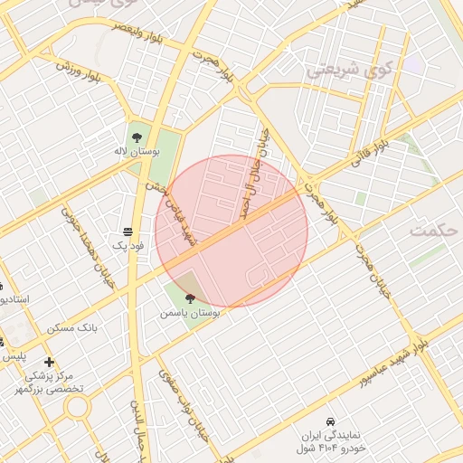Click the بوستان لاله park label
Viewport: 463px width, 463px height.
click(x=137, y=153)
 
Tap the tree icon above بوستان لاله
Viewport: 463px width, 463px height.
click(x=136, y=137)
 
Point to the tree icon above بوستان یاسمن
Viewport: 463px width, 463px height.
click(x=189, y=298)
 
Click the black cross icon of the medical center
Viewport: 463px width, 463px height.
click(x=49, y=362)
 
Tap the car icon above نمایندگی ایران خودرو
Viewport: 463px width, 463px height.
click(x=332, y=422)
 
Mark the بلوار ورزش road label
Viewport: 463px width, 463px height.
click(x=80, y=67)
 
